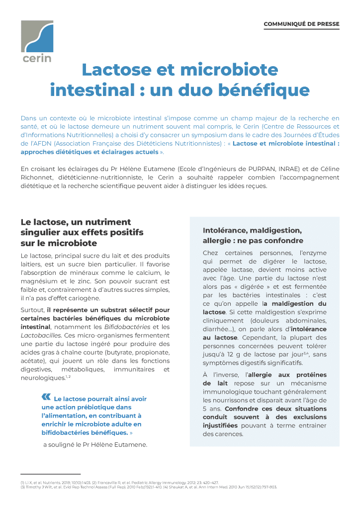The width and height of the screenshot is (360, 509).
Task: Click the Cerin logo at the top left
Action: coord(37,42)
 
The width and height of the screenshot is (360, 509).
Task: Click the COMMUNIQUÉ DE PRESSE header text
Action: coord(301,24)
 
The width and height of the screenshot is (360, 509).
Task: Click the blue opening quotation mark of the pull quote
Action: coord(46,397)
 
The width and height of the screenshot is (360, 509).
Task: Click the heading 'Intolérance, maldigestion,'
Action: coord(252,231)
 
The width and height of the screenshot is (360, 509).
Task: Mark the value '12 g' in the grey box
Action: coord(230,354)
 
